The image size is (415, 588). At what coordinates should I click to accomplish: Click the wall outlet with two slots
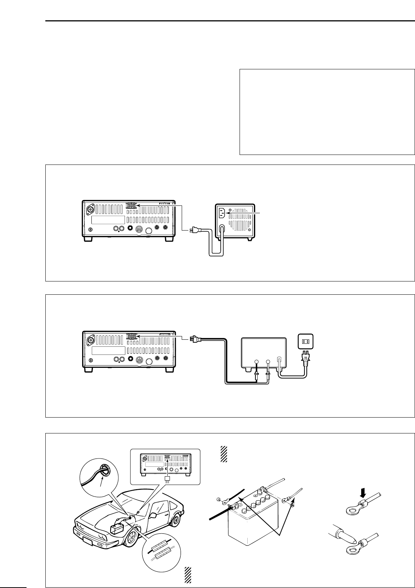[x=306, y=341]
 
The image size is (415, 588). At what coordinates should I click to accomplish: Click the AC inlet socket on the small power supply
[x=223, y=213]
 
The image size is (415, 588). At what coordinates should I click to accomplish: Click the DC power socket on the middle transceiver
[x=131, y=336]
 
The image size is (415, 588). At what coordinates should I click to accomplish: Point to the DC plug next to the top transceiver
[x=192, y=231]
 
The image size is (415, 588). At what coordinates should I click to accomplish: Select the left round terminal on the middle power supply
[x=257, y=362]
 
